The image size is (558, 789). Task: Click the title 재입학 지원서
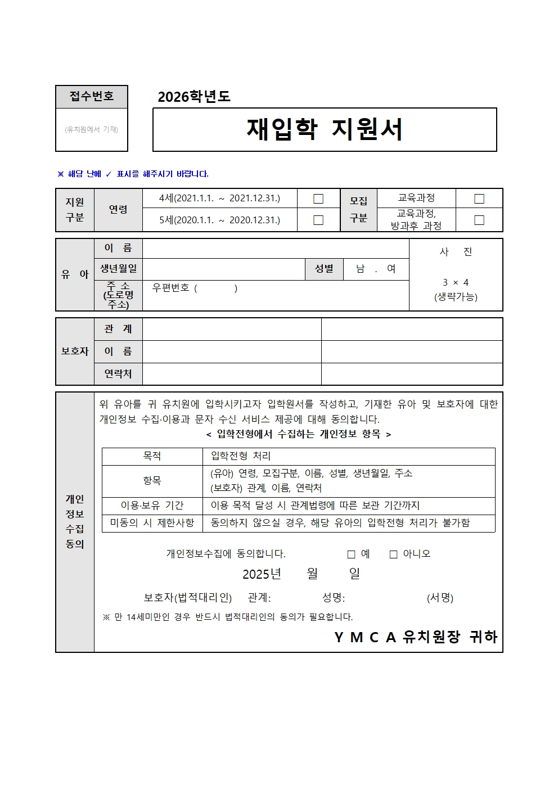(325, 129)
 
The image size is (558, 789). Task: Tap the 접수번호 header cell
(92, 96)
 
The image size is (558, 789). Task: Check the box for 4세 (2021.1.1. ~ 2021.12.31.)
(318, 199)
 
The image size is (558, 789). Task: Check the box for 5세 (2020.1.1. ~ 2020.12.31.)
(318, 220)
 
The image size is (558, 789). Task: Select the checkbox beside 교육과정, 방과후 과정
(479, 220)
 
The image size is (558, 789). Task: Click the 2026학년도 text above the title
(194, 97)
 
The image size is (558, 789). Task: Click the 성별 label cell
(324, 269)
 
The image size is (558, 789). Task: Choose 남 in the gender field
(360, 269)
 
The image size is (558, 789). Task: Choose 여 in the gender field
(391, 269)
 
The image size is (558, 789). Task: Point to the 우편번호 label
(171, 288)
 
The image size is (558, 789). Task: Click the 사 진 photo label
(456, 252)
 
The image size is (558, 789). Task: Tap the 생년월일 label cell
(118, 269)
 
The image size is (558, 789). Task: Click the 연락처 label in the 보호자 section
(118, 373)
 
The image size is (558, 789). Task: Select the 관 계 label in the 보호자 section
(118, 329)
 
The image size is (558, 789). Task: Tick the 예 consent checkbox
(352, 554)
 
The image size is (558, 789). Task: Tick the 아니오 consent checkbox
(394, 554)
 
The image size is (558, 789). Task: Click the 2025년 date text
(262, 574)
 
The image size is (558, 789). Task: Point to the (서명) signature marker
(440, 598)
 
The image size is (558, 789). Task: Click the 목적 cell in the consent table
(152, 456)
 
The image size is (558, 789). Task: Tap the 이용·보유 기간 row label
(152, 506)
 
